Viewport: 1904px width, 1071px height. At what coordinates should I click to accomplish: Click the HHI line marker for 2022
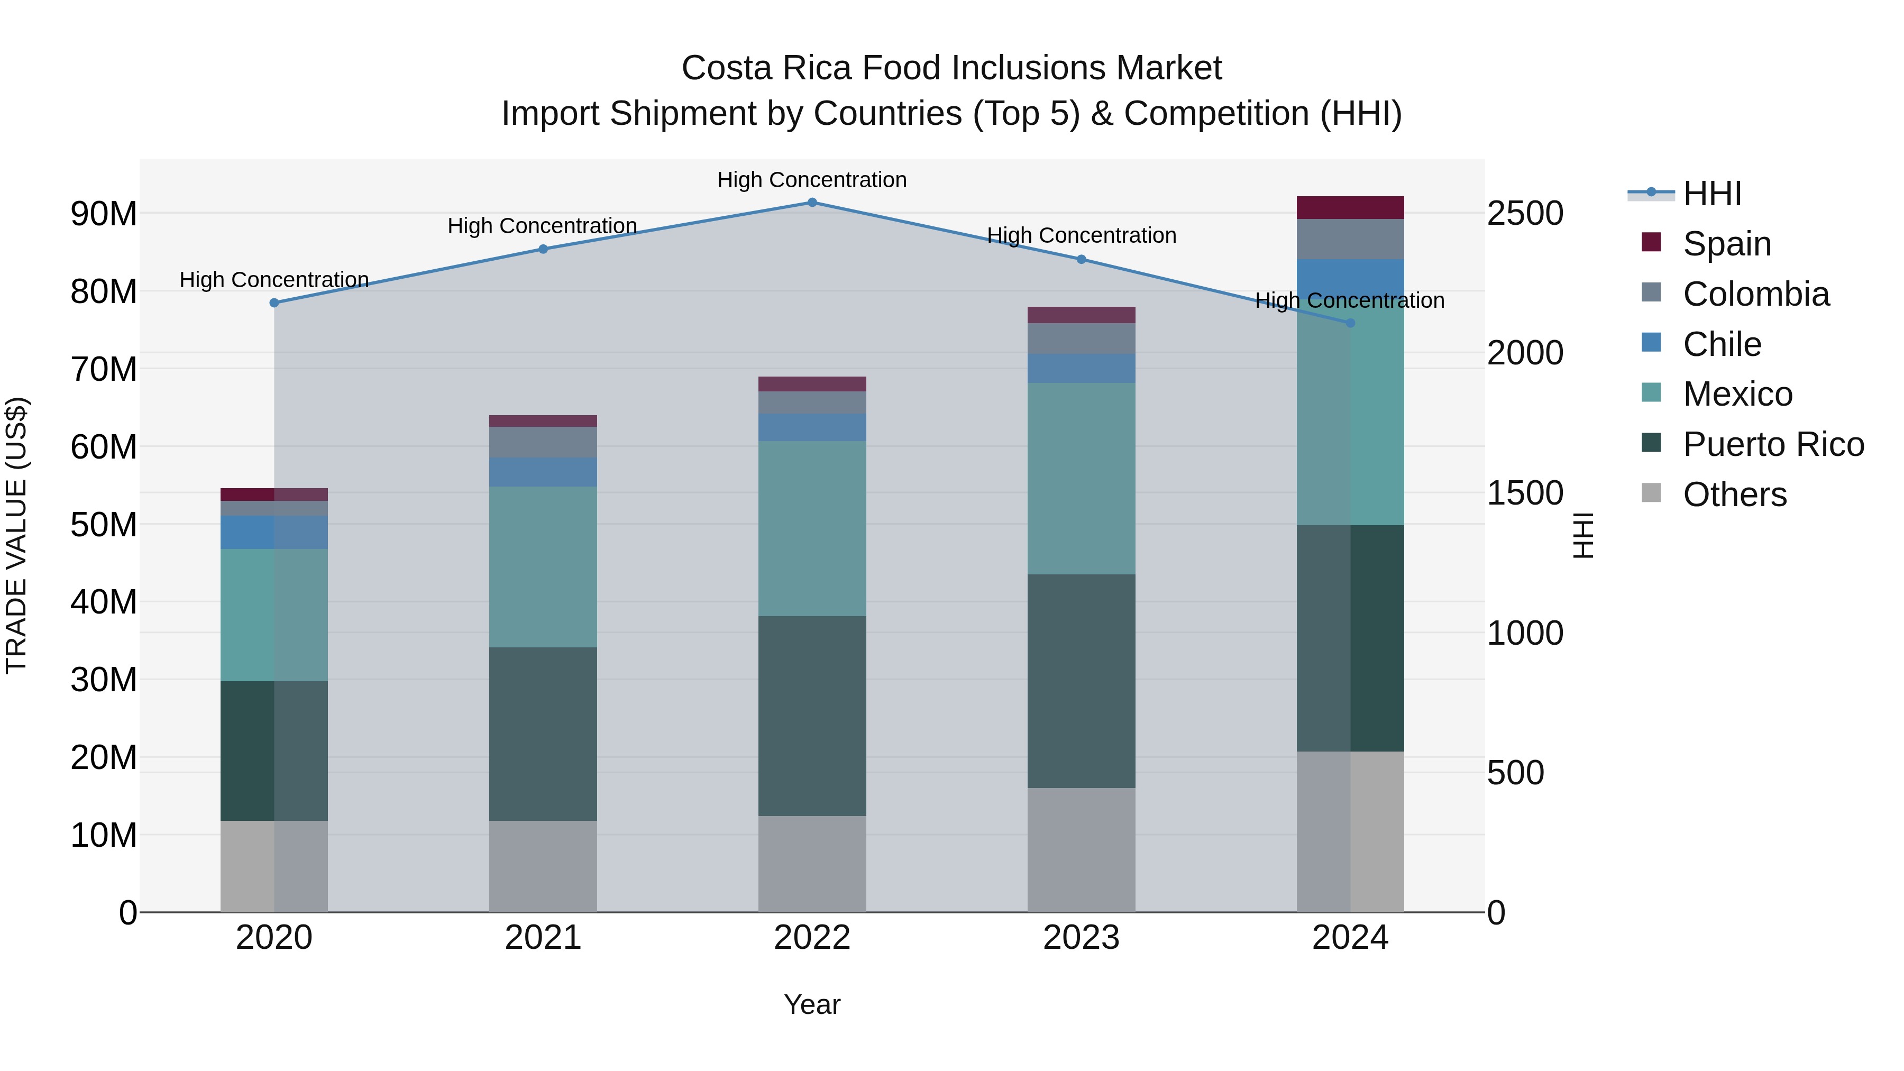(811, 203)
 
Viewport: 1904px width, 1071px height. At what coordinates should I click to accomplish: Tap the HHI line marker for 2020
(274, 303)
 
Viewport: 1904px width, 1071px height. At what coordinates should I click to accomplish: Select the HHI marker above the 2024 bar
(1350, 323)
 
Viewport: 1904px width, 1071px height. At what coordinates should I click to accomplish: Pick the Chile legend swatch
(1651, 343)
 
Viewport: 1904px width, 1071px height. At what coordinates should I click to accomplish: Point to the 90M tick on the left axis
(104, 214)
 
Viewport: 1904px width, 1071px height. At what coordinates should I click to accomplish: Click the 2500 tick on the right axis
(1525, 214)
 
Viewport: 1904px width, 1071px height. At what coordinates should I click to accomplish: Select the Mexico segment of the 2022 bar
(811, 528)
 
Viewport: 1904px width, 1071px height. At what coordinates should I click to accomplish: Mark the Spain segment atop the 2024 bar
(1350, 208)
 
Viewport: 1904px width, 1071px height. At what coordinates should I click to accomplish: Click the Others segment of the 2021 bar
(543, 866)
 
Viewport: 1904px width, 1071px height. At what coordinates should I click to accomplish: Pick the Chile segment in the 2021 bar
(543, 472)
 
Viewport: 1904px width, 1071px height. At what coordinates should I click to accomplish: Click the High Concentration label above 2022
(811, 180)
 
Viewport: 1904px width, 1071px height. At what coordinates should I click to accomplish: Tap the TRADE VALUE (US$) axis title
(17, 535)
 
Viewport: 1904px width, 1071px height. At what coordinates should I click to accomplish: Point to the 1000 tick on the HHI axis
(1525, 634)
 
